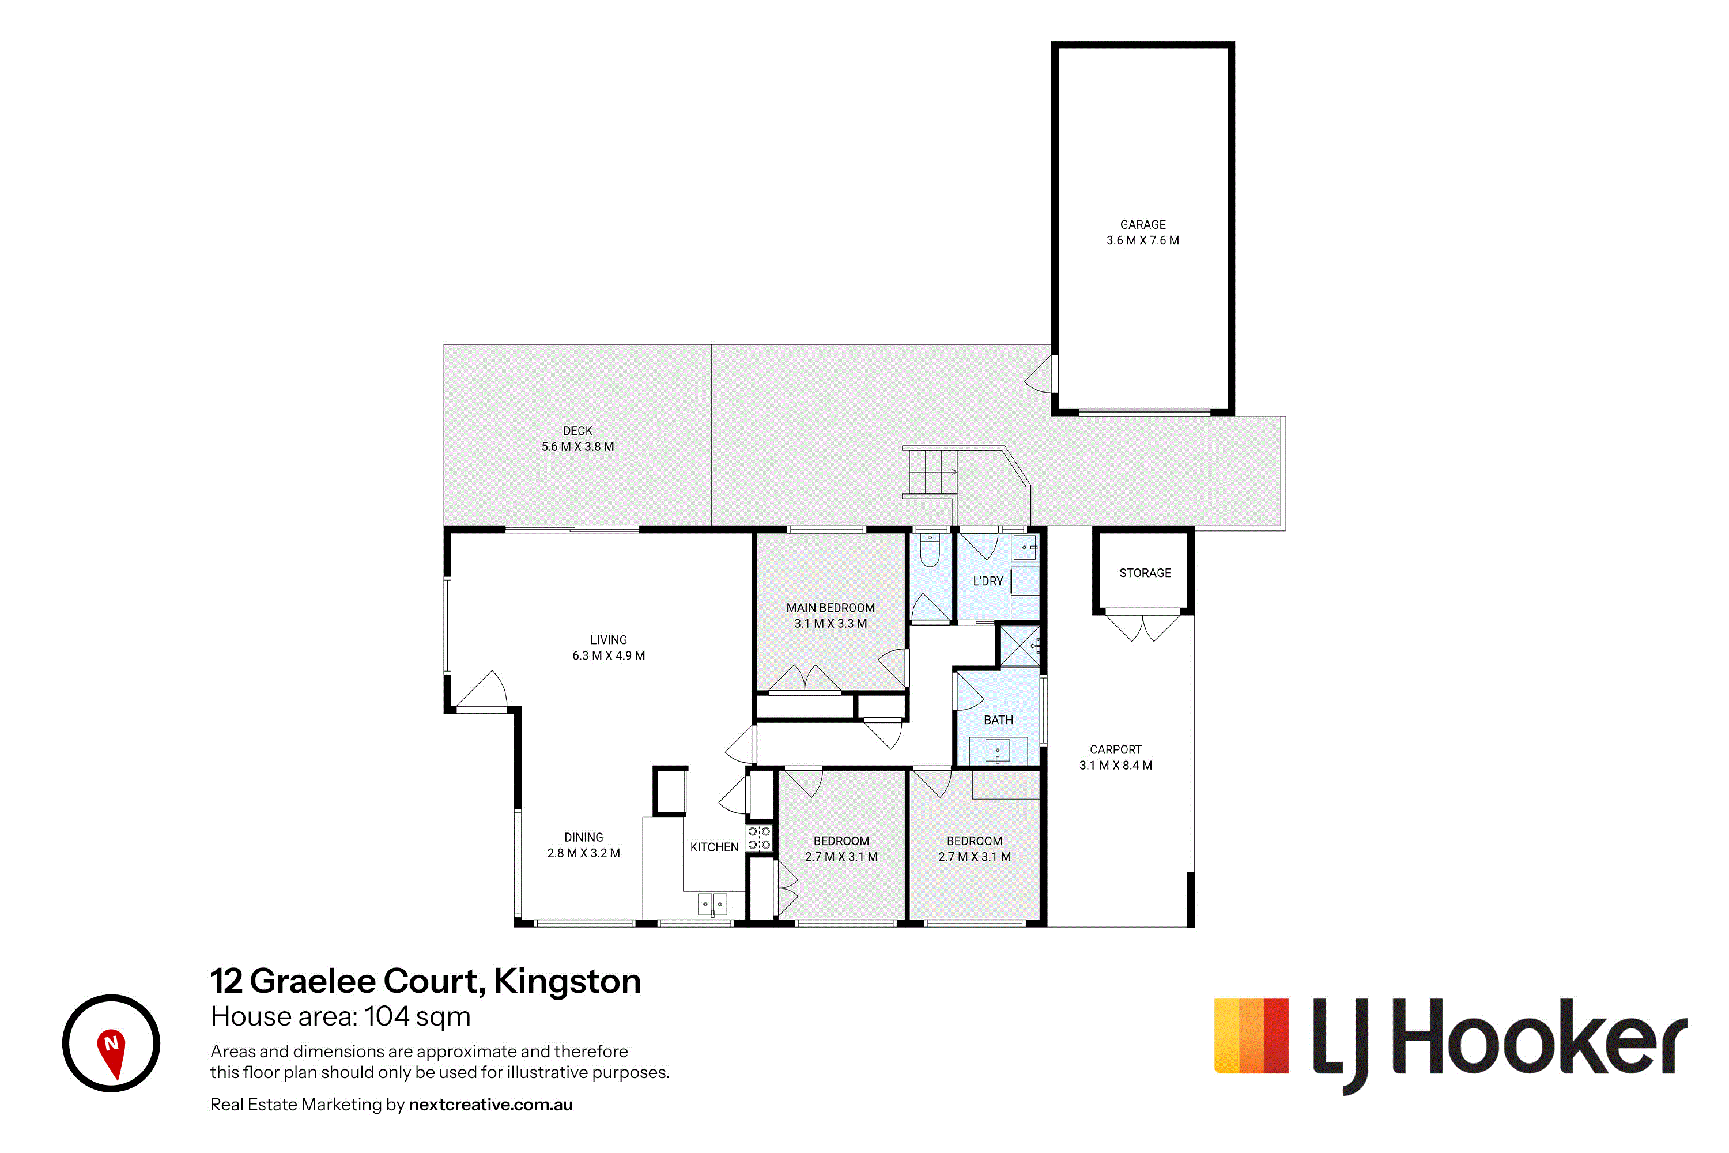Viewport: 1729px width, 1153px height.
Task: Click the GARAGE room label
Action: coord(1142,224)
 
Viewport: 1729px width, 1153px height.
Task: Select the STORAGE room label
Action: coord(1145,573)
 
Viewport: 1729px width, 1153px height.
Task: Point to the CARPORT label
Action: coord(1115,749)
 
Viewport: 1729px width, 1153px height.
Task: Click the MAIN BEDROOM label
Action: coord(830,608)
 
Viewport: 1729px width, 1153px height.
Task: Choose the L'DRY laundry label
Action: coord(987,581)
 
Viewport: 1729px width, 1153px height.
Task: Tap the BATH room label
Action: coord(998,720)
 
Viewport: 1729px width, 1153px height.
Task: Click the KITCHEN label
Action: coord(714,847)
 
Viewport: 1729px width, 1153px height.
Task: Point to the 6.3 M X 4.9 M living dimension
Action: coord(608,655)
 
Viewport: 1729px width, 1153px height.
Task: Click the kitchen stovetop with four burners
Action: coord(760,838)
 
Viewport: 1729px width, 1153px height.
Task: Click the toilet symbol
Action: coord(930,550)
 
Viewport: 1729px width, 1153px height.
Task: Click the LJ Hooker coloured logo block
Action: coord(1251,1035)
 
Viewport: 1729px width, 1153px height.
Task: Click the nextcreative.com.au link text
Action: coord(490,1105)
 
